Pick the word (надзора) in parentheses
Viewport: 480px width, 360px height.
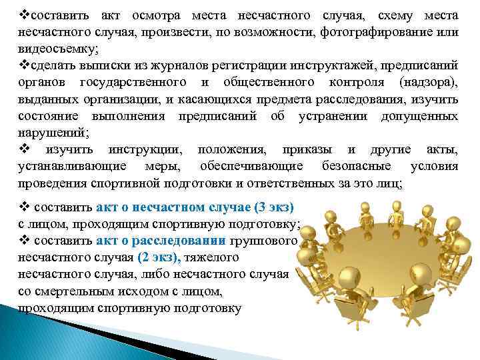(426, 83)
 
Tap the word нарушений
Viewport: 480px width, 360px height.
(48, 133)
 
